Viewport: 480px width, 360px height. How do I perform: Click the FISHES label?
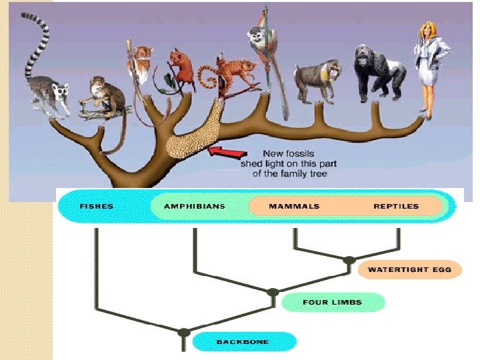pyautogui.click(x=97, y=206)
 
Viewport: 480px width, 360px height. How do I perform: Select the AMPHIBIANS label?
pyautogui.click(x=194, y=206)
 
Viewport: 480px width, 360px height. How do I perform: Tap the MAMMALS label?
pyautogui.click(x=294, y=206)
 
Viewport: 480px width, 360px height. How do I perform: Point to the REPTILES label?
pyautogui.click(x=396, y=206)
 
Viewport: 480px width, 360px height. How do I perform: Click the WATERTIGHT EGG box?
pyautogui.click(x=409, y=269)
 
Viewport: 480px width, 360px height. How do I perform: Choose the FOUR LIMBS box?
pyautogui.click(x=332, y=302)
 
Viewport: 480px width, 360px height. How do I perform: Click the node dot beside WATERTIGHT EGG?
pyautogui.click(x=349, y=260)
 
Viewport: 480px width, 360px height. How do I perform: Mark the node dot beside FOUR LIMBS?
pyautogui.click(x=272, y=293)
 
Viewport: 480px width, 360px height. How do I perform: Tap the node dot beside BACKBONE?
pyautogui.click(x=184, y=332)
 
